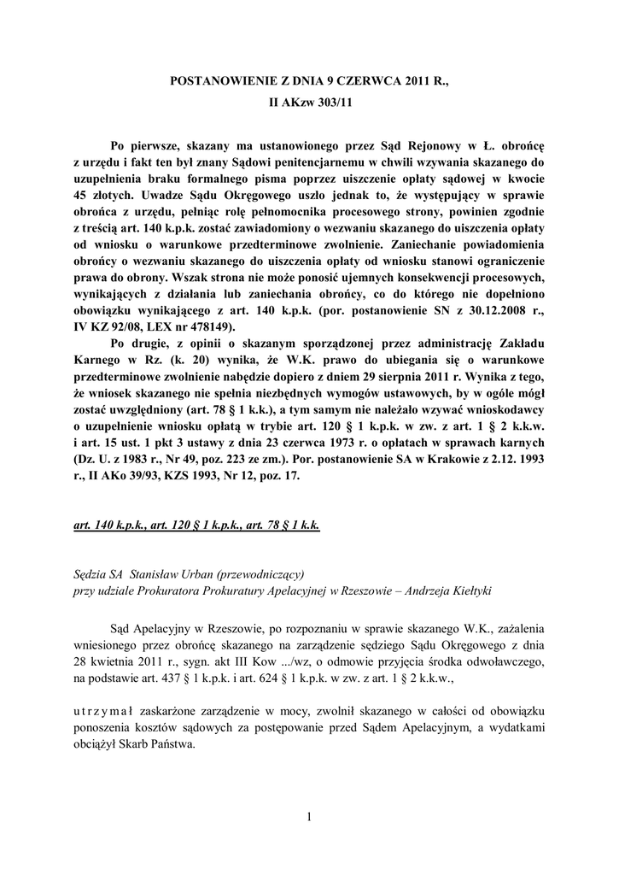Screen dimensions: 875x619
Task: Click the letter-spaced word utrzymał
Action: (x=100, y=713)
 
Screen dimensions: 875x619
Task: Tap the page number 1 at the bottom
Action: (x=309, y=818)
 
